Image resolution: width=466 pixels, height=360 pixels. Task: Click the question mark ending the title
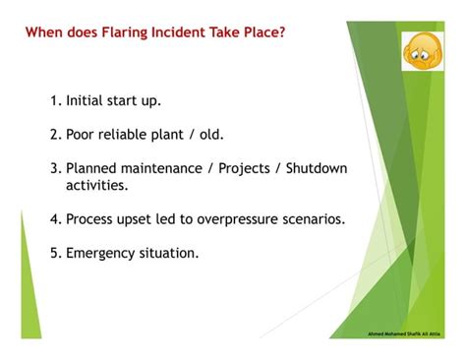pos(284,32)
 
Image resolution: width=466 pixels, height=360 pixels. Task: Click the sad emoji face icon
pos(423,50)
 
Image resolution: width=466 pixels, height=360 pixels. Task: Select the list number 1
pos(54,101)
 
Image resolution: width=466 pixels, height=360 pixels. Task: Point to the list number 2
pos(54,135)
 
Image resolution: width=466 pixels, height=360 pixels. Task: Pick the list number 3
pos(54,168)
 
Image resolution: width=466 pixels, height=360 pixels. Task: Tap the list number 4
pos(54,219)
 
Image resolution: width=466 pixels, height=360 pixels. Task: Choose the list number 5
pos(54,253)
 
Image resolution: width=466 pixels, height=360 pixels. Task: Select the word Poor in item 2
pos(83,135)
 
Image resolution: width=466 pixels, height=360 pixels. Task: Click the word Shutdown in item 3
pos(316,168)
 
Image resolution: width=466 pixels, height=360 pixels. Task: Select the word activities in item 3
pos(96,185)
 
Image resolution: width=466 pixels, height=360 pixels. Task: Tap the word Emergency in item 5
pos(101,253)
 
